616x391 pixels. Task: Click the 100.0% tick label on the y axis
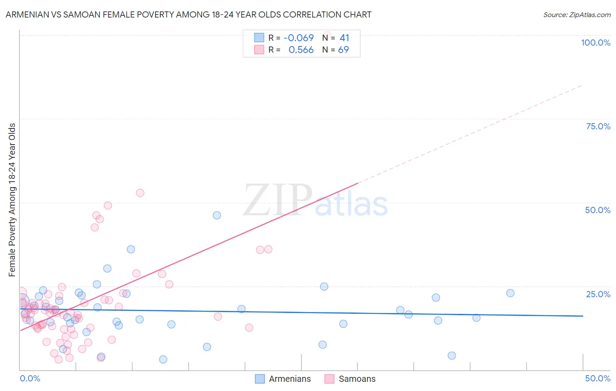click(x=595, y=43)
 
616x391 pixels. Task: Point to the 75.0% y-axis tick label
click(x=598, y=126)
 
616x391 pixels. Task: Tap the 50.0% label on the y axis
click(x=598, y=210)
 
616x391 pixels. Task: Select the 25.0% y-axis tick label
click(x=598, y=294)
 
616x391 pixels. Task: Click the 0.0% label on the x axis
click(x=30, y=378)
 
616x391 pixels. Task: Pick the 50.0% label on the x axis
click(x=598, y=378)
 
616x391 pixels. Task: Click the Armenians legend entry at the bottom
click(x=283, y=379)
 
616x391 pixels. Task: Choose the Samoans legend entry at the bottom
click(x=350, y=379)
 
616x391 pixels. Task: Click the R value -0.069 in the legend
click(x=299, y=38)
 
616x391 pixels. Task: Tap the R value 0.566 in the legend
click(x=301, y=50)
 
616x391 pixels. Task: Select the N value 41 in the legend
click(x=344, y=38)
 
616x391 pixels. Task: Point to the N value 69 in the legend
click(x=343, y=50)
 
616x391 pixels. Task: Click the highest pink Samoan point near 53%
click(x=140, y=193)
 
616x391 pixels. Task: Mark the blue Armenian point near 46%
click(x=217, y=215)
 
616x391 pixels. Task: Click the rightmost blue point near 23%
click(x=510, y=293)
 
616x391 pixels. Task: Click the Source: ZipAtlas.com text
click(x=577, y=15)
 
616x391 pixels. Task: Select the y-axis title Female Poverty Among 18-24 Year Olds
click(x=12, y=200)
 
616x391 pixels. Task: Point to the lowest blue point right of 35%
click(x=452, y=355)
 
